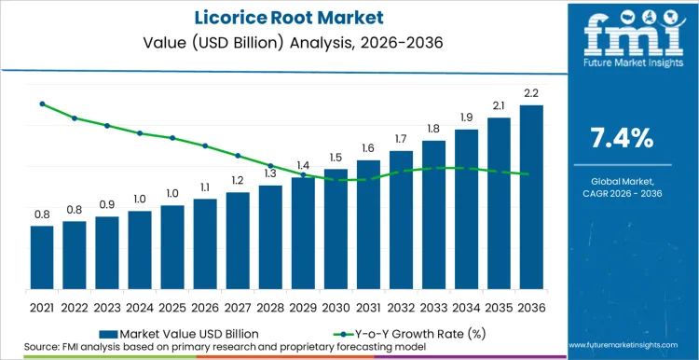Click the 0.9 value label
tap(107, 204)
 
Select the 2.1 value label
tap(499, 104)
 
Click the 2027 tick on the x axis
tap(238, 305)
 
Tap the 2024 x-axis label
tap(140, 305)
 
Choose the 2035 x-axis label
tap(499, 305)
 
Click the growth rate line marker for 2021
tap(42, 104)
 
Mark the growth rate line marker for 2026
tap(205, 145)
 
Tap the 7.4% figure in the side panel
tap(623, 138)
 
